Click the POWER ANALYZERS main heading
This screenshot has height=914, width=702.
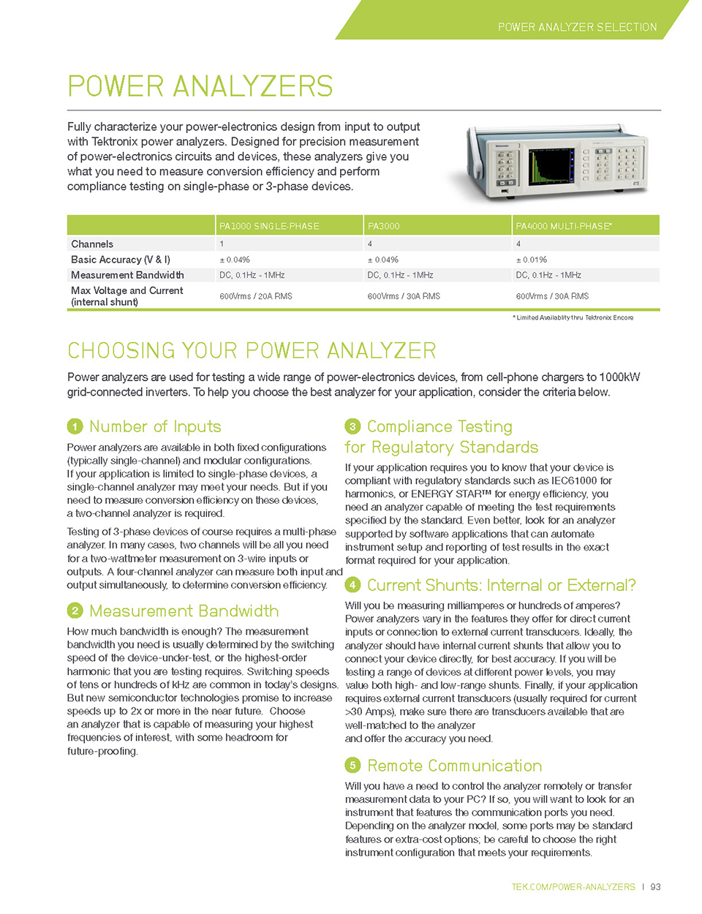200,86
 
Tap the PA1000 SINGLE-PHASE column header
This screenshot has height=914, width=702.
269,226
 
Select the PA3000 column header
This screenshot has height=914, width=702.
383,226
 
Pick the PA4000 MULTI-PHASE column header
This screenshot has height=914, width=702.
563,226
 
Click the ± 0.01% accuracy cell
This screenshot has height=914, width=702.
531,260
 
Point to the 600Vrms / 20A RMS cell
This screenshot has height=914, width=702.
255,296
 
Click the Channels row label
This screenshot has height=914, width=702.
92,244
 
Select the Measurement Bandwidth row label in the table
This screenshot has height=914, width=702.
127,275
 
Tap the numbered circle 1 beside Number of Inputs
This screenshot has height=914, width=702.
75,426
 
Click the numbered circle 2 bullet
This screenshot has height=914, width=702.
75,611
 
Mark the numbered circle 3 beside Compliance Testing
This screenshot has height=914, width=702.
352,426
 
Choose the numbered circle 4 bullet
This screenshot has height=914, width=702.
352,585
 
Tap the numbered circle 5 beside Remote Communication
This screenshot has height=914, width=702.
352,766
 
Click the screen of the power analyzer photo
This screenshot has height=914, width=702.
551,167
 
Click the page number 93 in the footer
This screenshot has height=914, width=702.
655,887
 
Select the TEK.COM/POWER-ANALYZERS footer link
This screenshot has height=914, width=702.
573,887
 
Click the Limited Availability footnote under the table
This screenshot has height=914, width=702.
573,317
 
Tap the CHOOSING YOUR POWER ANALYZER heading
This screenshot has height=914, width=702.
251,351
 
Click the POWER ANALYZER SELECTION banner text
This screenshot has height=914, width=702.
577,27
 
